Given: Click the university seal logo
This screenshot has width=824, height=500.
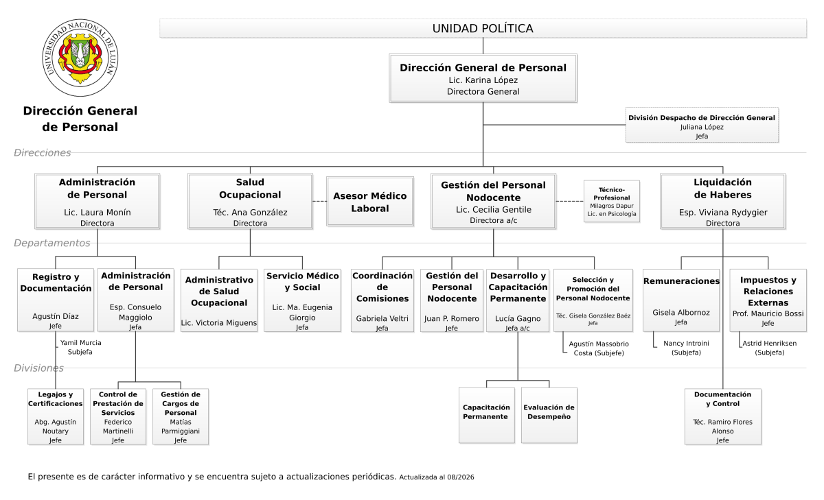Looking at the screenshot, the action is [80, 58].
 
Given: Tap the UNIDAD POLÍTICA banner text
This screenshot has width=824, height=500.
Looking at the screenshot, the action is [483, 28].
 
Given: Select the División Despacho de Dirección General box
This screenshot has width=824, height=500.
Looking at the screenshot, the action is [702, 125].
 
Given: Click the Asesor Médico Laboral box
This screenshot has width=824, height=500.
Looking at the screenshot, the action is [370, 202].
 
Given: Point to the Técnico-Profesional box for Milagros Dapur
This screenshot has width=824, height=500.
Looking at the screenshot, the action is [612, 202].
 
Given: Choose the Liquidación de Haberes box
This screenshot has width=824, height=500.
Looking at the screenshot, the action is [723, 202].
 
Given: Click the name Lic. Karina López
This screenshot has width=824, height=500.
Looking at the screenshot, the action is [483, 80].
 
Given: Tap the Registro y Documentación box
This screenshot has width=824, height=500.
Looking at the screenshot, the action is [56, 300].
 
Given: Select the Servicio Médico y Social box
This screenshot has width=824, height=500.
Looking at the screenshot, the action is [302, 300].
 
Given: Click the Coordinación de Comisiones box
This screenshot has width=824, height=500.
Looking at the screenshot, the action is [382, 300].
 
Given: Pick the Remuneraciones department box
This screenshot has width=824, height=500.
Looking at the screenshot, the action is [681, 300].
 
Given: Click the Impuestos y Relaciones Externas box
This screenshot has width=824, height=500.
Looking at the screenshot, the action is [768, 300].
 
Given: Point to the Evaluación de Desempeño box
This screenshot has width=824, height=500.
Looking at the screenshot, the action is [549, 415].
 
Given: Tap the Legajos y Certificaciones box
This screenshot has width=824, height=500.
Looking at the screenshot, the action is [56, 416].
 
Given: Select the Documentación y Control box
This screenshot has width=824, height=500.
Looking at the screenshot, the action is [723, 416].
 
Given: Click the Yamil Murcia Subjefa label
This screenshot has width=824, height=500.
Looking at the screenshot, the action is [80, 347].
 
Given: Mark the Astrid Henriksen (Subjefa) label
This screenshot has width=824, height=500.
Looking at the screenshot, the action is [769, 348].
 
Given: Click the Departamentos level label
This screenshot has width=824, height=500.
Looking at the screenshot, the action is [52, 243].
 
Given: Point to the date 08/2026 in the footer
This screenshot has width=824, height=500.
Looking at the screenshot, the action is [461, 477].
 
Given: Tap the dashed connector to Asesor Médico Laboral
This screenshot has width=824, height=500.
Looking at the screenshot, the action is [320, 201].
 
